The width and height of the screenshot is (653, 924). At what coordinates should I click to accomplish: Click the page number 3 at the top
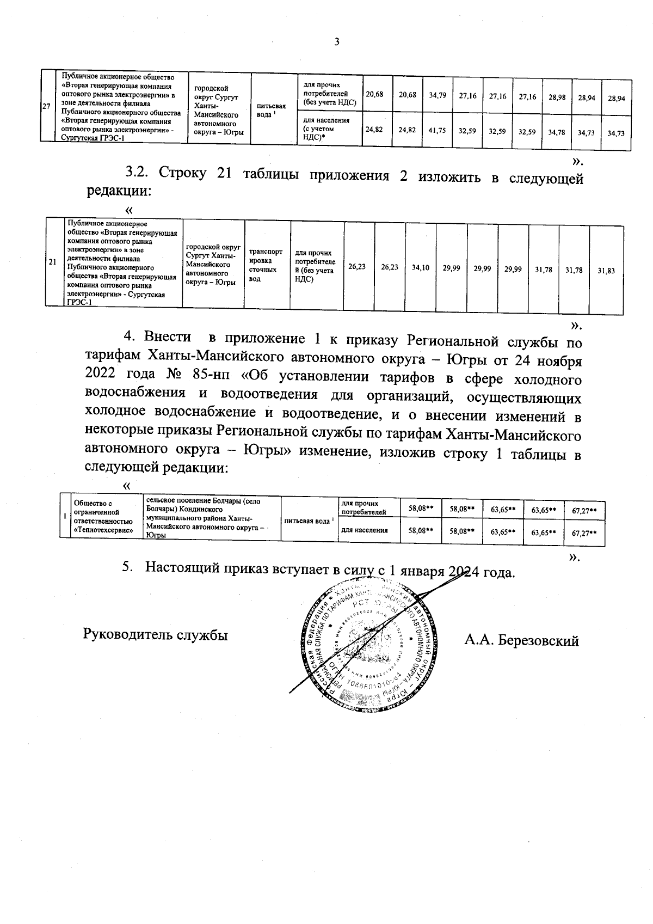coord(336,42)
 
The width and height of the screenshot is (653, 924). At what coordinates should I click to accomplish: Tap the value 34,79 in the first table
coord(438,95)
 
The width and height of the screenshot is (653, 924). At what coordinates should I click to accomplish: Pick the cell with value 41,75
coord(438,131)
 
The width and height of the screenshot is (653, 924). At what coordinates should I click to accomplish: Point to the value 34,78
coord(557,132)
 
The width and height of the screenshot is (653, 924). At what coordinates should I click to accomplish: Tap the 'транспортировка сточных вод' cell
coord(266,265)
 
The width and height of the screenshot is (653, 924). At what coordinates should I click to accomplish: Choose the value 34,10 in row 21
coord(421,267)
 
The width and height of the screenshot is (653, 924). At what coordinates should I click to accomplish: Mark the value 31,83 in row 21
coord(606,270)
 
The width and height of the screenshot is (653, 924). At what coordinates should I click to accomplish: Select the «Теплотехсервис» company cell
coord(104,516)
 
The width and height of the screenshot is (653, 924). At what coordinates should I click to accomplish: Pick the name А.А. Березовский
coord(521,641)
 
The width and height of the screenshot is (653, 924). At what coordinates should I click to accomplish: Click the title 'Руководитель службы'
coord(155,635)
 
